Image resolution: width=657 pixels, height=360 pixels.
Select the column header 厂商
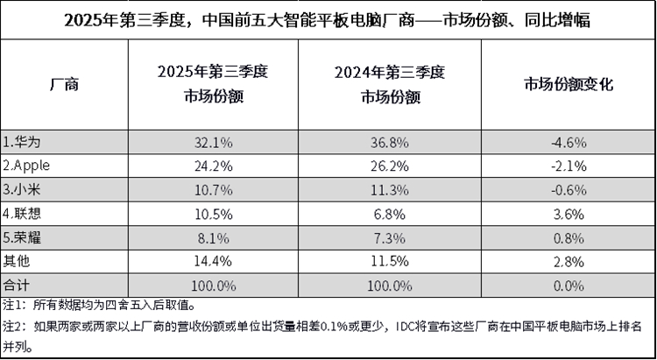click(64, 85)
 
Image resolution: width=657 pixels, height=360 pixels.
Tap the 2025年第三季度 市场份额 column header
click(214, 85)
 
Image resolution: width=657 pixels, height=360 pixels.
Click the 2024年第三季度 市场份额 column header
click(384, 85)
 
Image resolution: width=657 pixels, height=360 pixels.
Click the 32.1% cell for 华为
click(214, 141)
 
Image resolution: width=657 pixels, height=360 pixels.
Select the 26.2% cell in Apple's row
click(384, 164)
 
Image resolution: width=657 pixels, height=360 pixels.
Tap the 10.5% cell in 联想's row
click(214, 210)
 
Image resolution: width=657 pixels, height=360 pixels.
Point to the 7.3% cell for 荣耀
click(384, 233)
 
